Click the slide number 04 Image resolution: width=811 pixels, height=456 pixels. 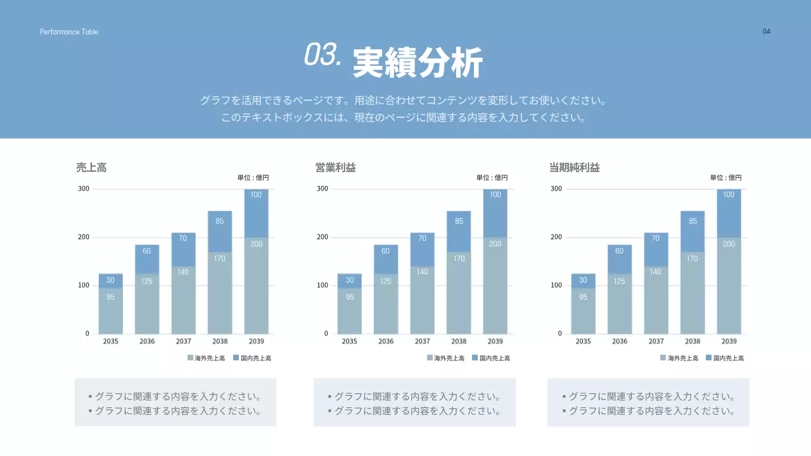(767, 32)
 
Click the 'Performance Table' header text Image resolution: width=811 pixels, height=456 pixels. (69, 32)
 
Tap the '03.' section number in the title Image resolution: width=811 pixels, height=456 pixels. (323, 55)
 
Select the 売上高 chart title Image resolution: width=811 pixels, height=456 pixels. (91, 168)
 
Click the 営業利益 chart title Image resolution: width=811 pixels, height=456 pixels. (336, 168)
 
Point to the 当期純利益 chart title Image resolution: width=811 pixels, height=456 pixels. (574, 168)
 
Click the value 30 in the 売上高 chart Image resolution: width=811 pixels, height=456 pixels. (110, 280)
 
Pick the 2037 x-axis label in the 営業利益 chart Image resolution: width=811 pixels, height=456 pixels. (422, 341)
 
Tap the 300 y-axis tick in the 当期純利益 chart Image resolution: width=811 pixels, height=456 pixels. (556, 189)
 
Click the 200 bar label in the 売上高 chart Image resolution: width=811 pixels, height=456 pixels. (256, 244)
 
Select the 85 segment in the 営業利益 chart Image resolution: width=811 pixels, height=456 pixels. (459, 221)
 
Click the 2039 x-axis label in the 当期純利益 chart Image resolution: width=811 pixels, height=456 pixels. (729, 341)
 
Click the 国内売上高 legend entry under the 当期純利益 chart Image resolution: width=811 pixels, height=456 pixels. (725, 358)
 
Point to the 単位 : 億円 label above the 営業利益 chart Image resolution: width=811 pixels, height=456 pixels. (492, 178)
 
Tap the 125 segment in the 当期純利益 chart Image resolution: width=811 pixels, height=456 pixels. (620, 281)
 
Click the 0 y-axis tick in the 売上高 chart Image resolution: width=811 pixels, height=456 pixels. (87, 334)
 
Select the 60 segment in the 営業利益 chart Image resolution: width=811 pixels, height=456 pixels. (386, 251)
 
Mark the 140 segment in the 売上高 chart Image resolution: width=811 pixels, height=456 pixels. (183, 272)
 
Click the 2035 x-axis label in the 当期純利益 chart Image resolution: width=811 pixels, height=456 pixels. (583, 341)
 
